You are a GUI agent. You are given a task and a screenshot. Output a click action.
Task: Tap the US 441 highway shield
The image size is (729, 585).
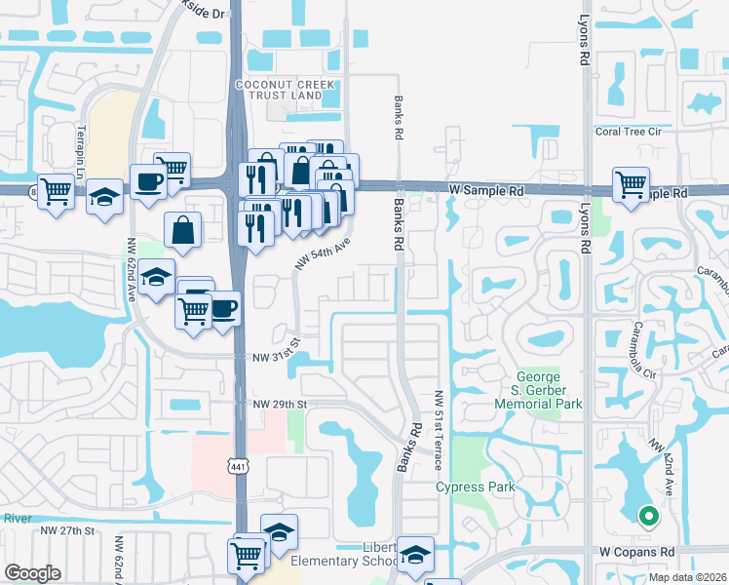point(237,467)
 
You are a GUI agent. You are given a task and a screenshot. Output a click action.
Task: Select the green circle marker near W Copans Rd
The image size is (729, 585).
point(645,517)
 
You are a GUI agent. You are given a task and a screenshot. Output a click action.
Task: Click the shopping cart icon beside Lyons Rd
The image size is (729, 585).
point(632,184)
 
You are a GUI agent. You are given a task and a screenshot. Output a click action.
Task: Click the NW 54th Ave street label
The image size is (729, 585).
point(322,258)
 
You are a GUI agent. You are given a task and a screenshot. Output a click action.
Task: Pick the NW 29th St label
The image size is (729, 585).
point(280,404)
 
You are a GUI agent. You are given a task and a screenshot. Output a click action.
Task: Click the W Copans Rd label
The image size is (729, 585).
point(637,551)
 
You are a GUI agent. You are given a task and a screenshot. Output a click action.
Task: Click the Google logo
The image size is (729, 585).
point(33,573)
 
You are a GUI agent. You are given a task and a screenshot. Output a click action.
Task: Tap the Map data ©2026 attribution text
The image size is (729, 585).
point(687,577)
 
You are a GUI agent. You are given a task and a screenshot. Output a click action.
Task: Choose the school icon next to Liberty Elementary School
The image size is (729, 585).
point(416,555)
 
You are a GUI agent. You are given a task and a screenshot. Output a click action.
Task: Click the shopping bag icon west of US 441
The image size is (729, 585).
point(182,230)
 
